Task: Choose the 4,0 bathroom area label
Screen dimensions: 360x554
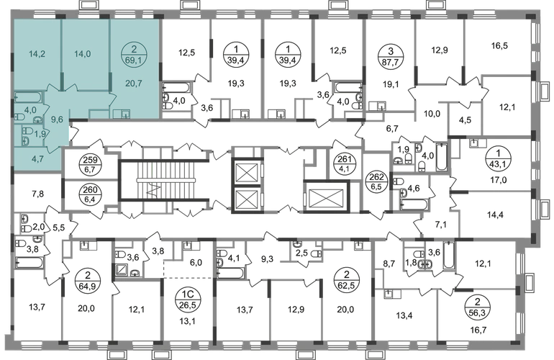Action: pos(31,110)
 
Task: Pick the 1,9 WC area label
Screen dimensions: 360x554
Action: pos(40,133)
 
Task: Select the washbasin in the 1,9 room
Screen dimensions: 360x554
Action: pos(26,141)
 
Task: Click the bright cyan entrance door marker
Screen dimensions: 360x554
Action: pos(71,132)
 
